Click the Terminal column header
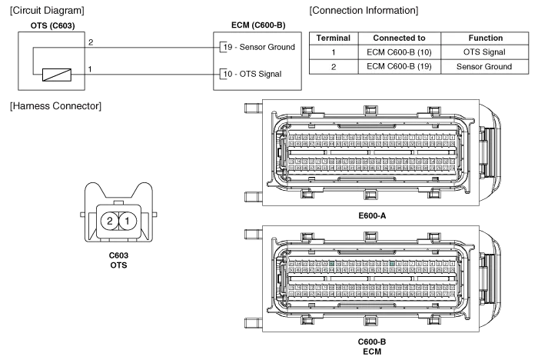coord(333,38)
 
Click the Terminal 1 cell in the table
coord(333,52)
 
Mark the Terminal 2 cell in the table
coord(333,67)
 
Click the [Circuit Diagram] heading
coord(45,11)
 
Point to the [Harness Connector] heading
coord(54,105)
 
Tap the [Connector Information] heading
coord(362,11)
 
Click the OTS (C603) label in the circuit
coord(52,25)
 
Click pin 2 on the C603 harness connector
coord(111,222)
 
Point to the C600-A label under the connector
coord(372,215)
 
